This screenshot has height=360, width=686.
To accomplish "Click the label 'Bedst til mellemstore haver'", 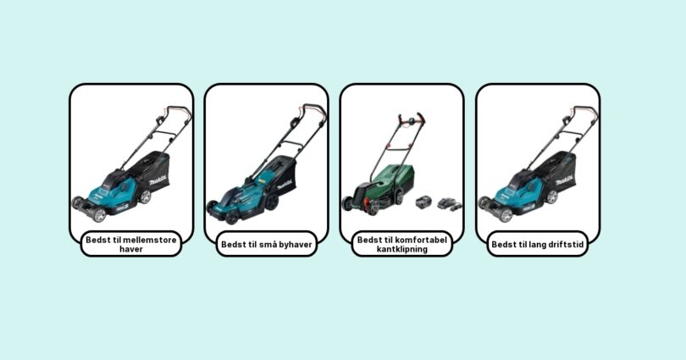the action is pyautogui.click(x=131, y=244).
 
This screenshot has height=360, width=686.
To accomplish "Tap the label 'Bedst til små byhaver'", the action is pyautogui.click(x=267, y=244).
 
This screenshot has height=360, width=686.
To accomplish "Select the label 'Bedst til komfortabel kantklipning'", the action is pyautogui.click(x=402, y=244).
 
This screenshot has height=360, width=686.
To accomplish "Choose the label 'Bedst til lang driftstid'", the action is pyautogui.click(x=538, y=244).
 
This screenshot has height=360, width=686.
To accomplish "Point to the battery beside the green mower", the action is pyautogui.click(x=423, y=202).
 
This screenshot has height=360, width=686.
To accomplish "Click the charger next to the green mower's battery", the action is pyautogui.click(x=450, y=204).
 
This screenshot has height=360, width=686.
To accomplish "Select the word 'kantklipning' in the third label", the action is pyautogui.click(x=402, y=249).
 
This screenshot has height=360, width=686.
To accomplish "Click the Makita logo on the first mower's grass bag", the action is pyautogui.click(x=158, y=180).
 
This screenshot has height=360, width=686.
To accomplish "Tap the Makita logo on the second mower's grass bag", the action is pyautogui.click(x=285, y=185).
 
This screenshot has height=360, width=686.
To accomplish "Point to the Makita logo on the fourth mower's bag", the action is pyautogui.click(x=564, y=180).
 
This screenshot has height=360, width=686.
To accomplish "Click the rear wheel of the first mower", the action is pyautogui.click(x=144, y=197).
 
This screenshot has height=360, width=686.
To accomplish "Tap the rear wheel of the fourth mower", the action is pyautogui.click(x=551, y=197).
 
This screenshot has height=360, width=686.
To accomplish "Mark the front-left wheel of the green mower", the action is pyautogui.click(x=348, y=203).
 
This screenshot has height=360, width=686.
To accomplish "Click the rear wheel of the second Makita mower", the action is pyautogui.click(x=272, y=202).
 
